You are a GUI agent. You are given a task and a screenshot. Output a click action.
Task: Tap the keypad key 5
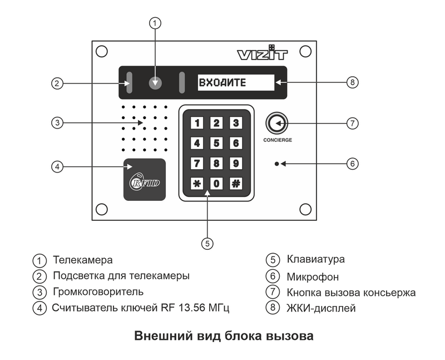point(216,143)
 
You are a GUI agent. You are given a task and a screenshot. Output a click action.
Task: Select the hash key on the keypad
point(236,183)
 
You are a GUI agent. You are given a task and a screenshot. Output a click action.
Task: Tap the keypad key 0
point(216,183)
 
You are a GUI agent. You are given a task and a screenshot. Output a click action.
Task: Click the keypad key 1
point(197,123)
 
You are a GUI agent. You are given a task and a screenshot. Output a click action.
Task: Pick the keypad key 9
point(236,163)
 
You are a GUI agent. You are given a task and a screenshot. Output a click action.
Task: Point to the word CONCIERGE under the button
point(278,140)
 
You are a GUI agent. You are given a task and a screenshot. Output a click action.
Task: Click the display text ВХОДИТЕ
point(222,83)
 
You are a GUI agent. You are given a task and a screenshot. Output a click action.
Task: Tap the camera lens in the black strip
point(156,83)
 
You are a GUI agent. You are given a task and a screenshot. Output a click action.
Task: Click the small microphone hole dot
point(276,164)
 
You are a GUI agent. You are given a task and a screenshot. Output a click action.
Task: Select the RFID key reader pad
point(144,179)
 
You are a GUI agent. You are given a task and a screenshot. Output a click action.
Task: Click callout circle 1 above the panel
point(156,23)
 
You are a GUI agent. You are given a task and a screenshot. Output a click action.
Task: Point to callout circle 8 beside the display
point(352,83)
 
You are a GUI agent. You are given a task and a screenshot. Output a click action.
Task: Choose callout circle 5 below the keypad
point(207,243)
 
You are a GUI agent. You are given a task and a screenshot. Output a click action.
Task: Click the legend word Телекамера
point(83,260)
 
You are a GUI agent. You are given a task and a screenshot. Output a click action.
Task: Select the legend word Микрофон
point(313,276)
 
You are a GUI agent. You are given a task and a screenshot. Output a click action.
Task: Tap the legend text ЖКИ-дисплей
point(321,308)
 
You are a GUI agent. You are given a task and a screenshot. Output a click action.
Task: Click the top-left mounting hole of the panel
point(102,51)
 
